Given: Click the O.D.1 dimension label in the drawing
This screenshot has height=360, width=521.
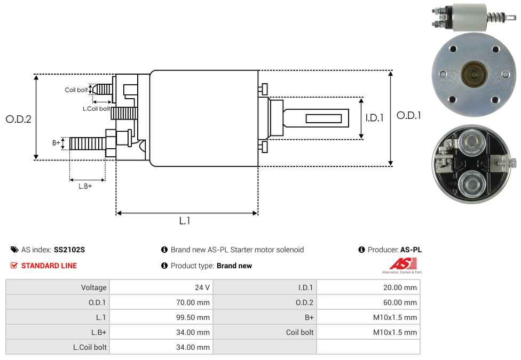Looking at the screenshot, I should tap(408, 115).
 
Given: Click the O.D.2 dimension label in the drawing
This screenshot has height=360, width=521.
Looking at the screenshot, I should tap(19, 119).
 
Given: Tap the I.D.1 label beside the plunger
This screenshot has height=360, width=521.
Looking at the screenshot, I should tap(374, 118).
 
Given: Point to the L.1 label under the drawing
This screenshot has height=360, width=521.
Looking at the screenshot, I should tap(185, 221).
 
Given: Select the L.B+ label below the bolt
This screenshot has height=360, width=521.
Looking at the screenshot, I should tap(85, 186).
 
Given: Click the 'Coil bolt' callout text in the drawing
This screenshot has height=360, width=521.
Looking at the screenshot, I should tap(76, 90).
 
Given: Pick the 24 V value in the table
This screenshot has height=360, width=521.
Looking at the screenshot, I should tap(202, 287).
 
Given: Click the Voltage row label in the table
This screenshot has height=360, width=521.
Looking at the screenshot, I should tap(93, 287).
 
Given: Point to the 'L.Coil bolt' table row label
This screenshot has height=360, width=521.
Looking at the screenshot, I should tap(90, 347).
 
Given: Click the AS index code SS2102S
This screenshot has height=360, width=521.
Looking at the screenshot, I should tap(69, 250).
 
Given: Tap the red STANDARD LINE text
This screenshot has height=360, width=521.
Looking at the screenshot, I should tap(49, 266).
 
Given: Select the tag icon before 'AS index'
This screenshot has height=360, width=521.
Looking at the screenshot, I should tap(14, 250).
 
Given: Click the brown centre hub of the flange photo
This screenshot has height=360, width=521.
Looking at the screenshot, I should tap(473, 74).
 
